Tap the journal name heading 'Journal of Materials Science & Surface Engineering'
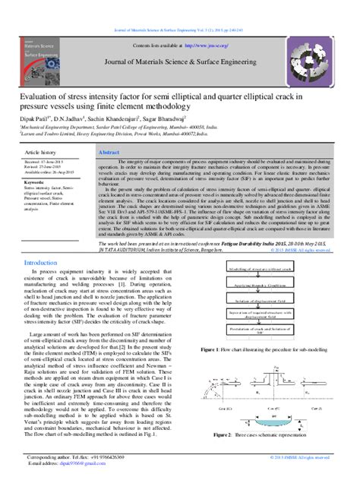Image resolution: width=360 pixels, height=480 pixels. [180, 72]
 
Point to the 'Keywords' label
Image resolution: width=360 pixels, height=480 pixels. [37, 182]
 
